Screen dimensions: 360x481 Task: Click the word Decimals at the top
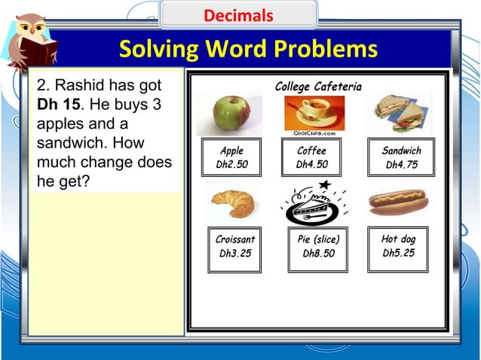[238, 15]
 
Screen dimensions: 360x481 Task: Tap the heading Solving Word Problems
[248, 50]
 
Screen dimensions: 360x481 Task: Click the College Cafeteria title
[317, 87]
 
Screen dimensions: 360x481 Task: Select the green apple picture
[231, 113]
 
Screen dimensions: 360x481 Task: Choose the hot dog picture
[398, 202]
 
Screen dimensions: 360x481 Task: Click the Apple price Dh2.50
[231, 164]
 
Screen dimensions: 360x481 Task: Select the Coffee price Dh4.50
[311, 164]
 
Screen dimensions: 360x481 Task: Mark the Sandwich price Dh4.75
[401, 164]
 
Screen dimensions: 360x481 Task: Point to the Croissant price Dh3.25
[235, 254]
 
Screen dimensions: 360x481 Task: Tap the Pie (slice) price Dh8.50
[318, 254]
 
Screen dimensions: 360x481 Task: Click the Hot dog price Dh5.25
[398, 253]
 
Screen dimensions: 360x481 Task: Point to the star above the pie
[324, 185]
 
